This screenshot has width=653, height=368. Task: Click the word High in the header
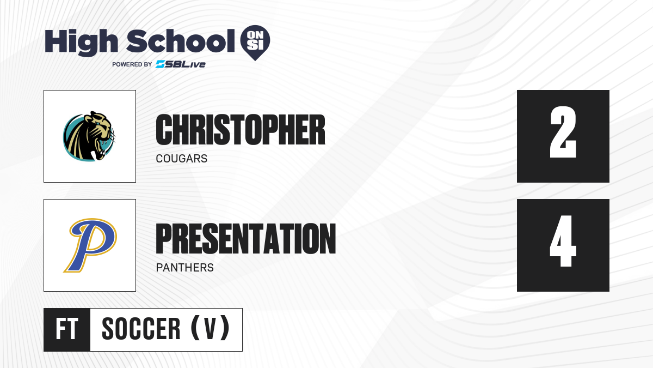tap(81, 43)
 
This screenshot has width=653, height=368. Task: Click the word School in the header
tap(181, 41)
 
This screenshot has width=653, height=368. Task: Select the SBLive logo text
tap(180, 64)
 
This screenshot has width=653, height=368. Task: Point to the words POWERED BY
tap(132, 64)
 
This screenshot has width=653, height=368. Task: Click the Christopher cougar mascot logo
tap(89, 136)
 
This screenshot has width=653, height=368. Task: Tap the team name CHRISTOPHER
tap(241, 130)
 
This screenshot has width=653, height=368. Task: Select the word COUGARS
tap(182, 159)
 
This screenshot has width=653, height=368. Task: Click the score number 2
tap(563, 132)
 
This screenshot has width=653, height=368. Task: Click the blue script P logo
tap(90, 245)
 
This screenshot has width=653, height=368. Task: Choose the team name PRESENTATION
tap(246, 239)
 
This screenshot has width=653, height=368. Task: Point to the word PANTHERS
tap(185, 268)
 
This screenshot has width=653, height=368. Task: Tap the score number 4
tap(563, 241)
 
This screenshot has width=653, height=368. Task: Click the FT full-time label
tap(67, 329)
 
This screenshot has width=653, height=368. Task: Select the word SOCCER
tap(141, 329)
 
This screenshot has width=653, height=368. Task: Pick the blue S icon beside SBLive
tap(161, 64)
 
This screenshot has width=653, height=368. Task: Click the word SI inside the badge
tap(255, 45)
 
